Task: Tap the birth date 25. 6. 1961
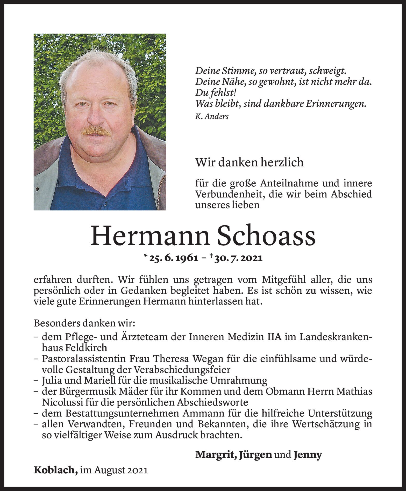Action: pyautogui.click(x=174, y=258)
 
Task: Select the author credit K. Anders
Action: pyautogui.click(x=212, y=117)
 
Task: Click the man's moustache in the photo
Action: pyautogui.click(x=96, y=131)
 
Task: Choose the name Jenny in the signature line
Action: pyautogui.click(x=308, y=454)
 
